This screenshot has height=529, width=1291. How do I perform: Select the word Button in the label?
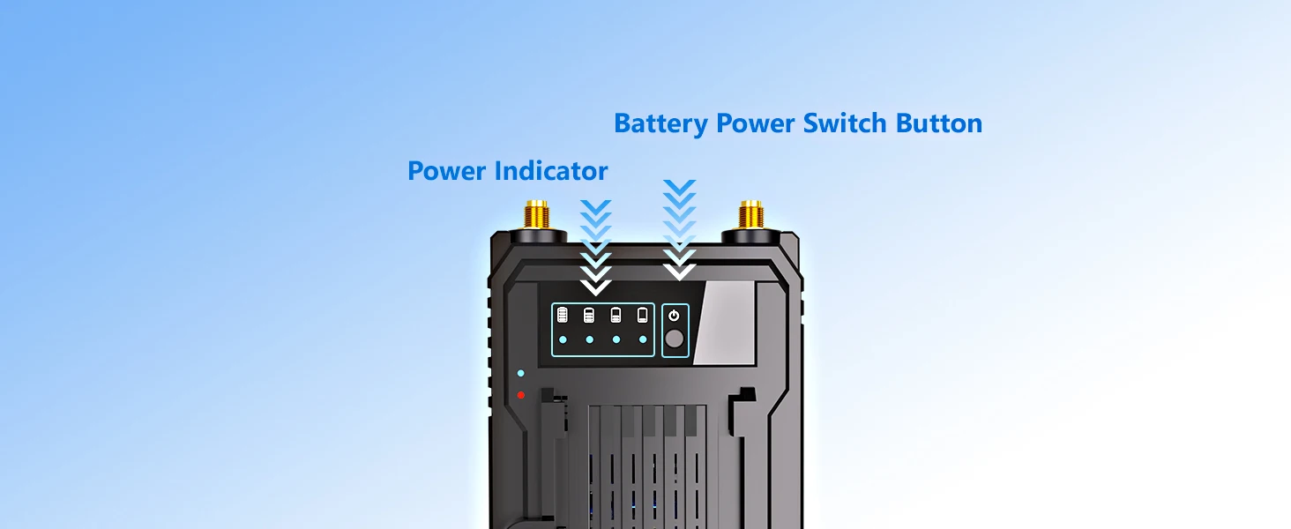(x=939, y=123)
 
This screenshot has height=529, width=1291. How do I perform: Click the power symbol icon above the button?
(x=675, y=315)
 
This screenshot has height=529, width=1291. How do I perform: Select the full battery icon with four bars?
(x=563, y=315)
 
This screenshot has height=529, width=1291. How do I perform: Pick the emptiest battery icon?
(x=643, y=315)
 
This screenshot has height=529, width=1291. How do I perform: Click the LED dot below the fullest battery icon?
(x=563, y=339)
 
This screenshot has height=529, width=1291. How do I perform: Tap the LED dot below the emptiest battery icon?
(x=643, y=339)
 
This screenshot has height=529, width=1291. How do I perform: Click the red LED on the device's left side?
(x=521, y=394)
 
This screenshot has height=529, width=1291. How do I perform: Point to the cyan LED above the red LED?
(x=521, y=374)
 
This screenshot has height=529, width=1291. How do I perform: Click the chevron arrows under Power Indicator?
(x=596, y=247)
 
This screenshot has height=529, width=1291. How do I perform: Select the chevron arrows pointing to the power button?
(x=679, y=229)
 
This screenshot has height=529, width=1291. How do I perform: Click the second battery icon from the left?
(x=589, y=315)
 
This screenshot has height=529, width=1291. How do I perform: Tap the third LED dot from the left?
(x=616, y=339)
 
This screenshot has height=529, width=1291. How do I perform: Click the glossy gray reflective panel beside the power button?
(x=723, y=322)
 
